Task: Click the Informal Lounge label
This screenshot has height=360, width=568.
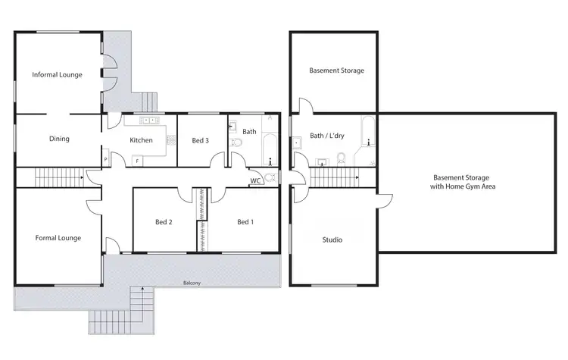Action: [57, 74]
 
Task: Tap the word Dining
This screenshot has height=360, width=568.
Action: [59, 139]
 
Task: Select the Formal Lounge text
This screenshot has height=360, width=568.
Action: [58, 238]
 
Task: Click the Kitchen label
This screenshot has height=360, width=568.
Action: [142, 140]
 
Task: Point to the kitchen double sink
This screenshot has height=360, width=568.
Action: [148, 120]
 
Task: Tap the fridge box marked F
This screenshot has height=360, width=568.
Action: [136, 160]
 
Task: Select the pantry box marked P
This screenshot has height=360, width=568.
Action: [105, 159]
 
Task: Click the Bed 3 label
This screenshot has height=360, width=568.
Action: [200, 140]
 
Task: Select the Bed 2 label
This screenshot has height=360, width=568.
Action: [164, 222]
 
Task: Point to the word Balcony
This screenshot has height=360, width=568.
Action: [192, 283]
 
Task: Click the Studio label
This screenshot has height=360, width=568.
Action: [332, 239]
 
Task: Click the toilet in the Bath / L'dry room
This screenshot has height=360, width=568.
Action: [341, 158]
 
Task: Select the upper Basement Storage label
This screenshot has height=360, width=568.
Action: [336, 70]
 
